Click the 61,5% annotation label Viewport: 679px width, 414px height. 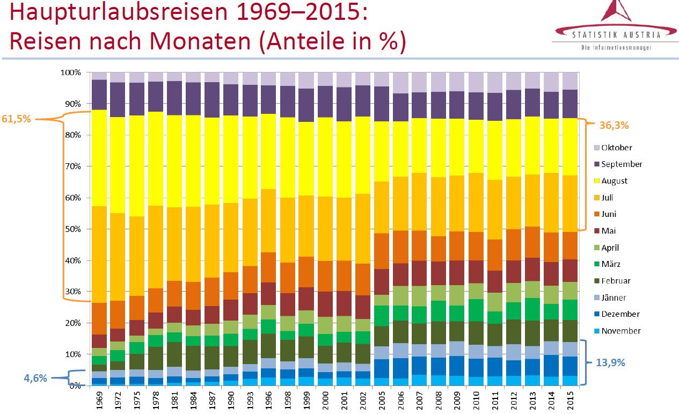[x=17, y=119]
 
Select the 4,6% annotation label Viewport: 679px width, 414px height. [x=35, y=377]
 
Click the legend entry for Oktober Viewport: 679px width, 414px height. [x=616, y=148]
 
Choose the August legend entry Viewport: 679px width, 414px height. [x=614, y=181]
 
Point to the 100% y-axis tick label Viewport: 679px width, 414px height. [x=71, y=72]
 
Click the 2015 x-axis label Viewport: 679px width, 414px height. [x=570, y=400]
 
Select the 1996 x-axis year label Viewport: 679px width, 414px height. [x=269, y=400]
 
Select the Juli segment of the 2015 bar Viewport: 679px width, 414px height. [x=570, y=204]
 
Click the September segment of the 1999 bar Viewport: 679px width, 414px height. [x=306, y=105]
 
